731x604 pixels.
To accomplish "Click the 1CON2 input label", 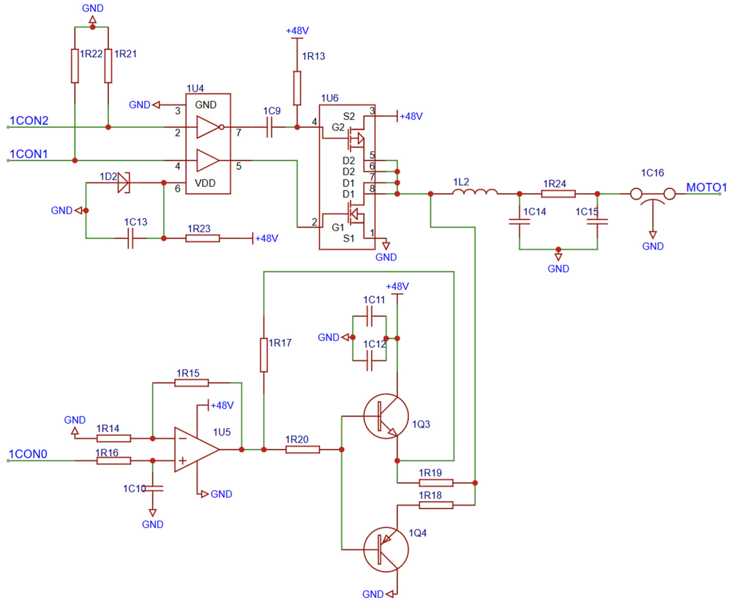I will pos(29,121).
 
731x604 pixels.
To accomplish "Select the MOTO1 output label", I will pos(706,187).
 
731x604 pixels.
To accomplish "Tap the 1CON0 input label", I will pos(28,454).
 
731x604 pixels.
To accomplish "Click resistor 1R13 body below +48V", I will pos(297,88).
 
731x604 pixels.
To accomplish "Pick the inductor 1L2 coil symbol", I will pos(475,192).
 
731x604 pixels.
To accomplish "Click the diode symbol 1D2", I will pos(123,183).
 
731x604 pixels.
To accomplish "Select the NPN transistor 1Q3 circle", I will pos(386,416).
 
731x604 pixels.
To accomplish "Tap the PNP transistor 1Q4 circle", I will pos(386,549).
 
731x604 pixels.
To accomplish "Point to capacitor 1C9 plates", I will pos(269,127).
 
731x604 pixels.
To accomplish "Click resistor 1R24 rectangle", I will pos(558,194).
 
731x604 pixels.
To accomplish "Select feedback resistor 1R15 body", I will pos(192,383).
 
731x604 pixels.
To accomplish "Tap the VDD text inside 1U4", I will pos(205,183).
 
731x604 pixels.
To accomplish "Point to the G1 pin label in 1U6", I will pos(338,228).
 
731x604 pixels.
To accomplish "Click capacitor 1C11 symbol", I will pos(369,316).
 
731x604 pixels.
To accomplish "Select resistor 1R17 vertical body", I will pos(264,355).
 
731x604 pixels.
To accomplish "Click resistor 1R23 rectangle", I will pos(202,238).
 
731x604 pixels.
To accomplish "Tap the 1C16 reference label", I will pos(652,173).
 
